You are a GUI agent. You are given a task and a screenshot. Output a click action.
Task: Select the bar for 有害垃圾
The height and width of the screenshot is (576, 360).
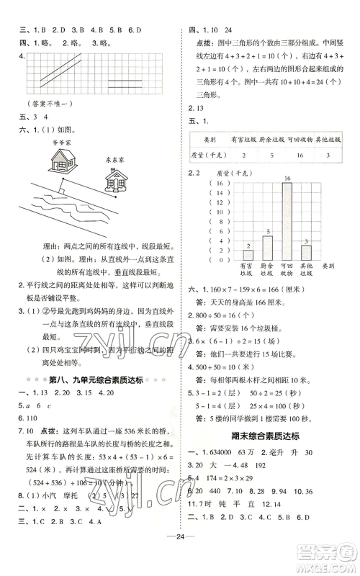click(248, 254)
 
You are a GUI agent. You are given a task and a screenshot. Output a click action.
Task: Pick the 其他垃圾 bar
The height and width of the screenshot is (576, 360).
click(306, 253)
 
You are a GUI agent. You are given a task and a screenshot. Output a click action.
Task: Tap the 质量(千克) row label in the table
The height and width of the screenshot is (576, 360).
click(209, 155)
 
